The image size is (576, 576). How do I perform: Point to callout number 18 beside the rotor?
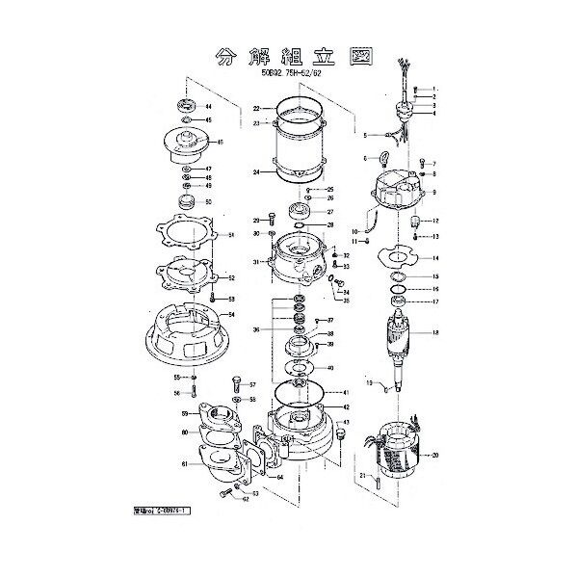pyautogui.click(x=434, y=332)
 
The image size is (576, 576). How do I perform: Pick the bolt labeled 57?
pyautogui.click(x=234, y=384)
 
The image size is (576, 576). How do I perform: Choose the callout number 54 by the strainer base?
pyautogui.click(x=230, y=315)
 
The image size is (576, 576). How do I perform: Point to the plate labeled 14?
pyautogui.click(x=394, y=258)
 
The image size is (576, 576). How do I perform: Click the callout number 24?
pyautogui.click(x=257, y=172)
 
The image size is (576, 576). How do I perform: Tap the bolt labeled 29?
pyautogui.click(x=273, y=219)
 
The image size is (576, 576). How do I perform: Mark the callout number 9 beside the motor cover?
pyautogui.click(x=434, y=192)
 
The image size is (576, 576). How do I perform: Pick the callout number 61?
pyautogui.click(x=182, y=464)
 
